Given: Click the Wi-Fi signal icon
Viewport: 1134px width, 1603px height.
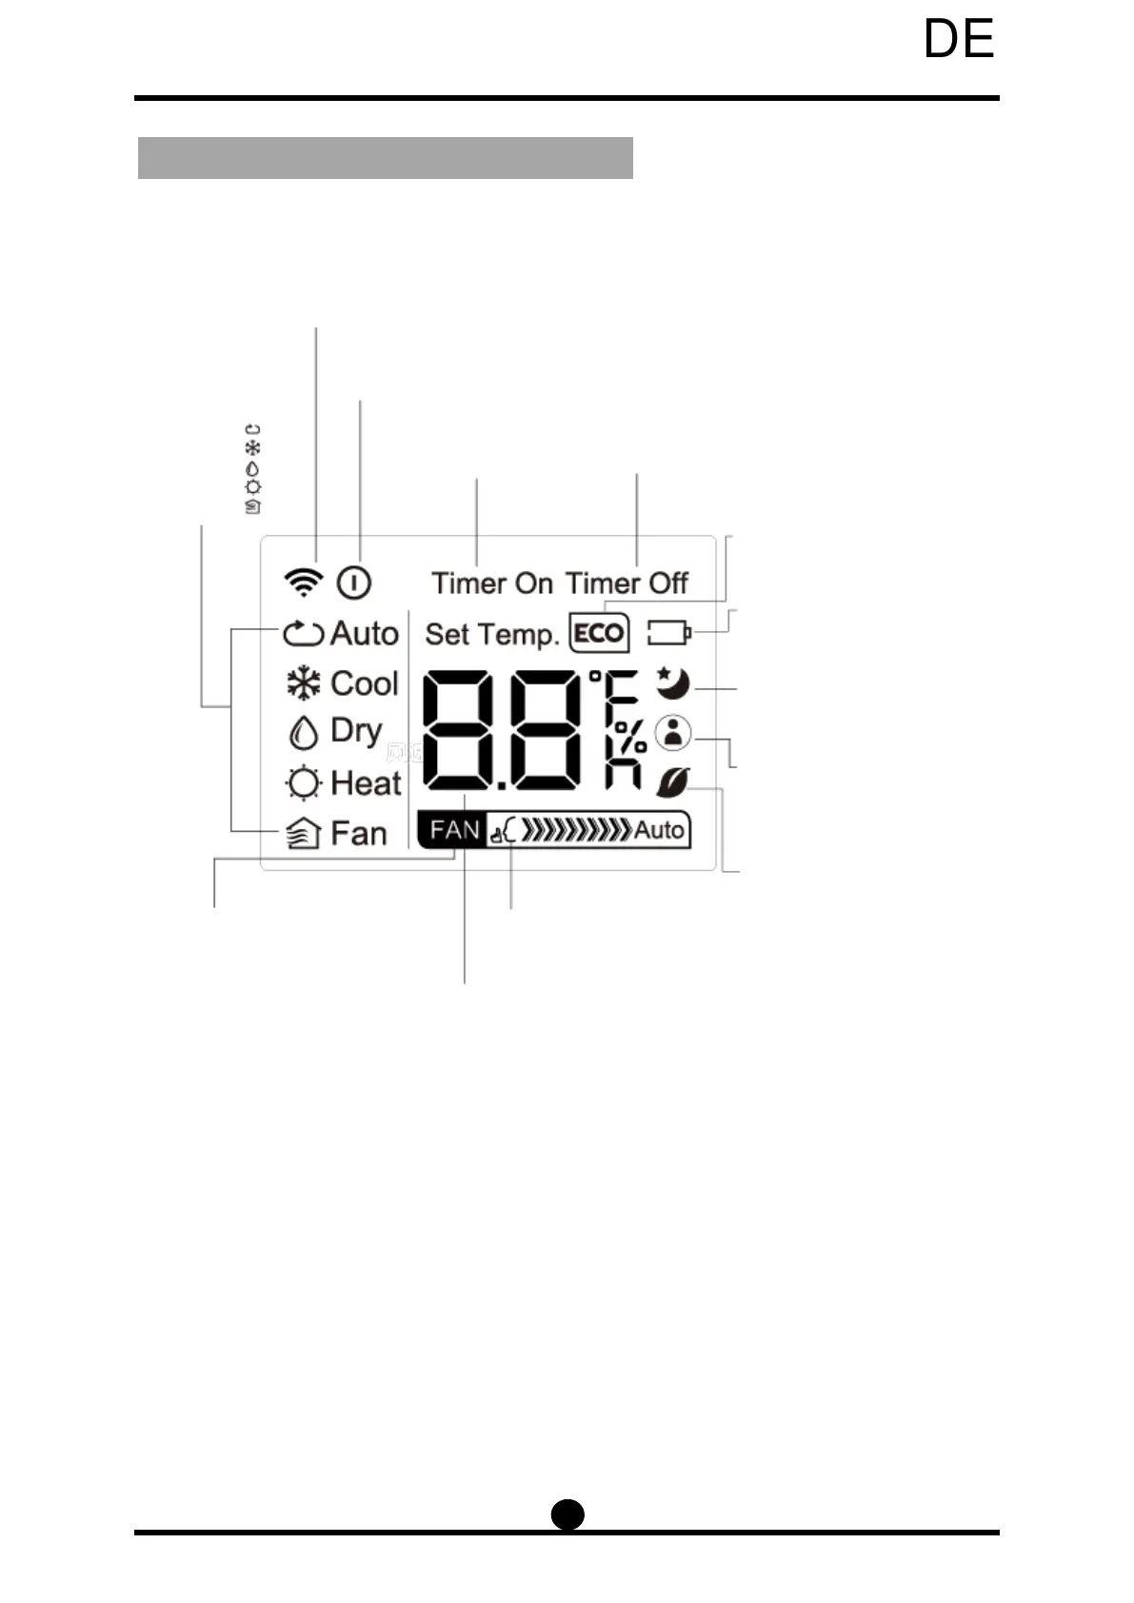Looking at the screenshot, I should click(x=303, y=581).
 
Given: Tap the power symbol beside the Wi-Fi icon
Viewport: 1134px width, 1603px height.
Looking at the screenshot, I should click(x=354, y=582).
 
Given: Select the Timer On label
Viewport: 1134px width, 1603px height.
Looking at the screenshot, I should click(x=491, y=583).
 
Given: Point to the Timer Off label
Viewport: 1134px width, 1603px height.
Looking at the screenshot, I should click(x=627, y=583).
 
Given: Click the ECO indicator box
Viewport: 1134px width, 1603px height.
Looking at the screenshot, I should click(x=599, y=633).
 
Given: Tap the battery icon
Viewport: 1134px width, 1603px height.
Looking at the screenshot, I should click(x=669, y=632).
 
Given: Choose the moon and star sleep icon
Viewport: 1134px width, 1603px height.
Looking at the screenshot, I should click(x=673, y=683).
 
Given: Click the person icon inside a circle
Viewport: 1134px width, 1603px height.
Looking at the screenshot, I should click(x=674, y=733).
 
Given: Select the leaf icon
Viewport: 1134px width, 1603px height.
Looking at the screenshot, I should click(x=672, y=782).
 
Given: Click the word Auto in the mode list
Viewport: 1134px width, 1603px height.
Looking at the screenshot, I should click(x=364, y=633).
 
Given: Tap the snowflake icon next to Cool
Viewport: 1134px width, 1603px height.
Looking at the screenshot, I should click(x=304, y=683).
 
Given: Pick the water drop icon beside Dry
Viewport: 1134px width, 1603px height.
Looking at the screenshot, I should click(x=303, y=733).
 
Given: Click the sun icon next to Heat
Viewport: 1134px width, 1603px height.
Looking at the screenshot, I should click(x=304, y=783).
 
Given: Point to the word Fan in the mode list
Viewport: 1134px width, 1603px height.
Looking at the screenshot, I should click(x=358, y=834).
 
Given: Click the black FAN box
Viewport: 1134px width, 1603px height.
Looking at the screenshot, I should click(x=453, y=830).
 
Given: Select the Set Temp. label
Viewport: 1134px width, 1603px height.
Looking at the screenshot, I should click(x=490, y=634).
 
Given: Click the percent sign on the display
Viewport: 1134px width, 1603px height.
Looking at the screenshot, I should click(x=629, y=734).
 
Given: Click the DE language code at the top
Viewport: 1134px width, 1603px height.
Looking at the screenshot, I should click(x=959, y=40).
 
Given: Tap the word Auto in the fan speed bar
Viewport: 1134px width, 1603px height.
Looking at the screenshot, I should click(x=659, y=830).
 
